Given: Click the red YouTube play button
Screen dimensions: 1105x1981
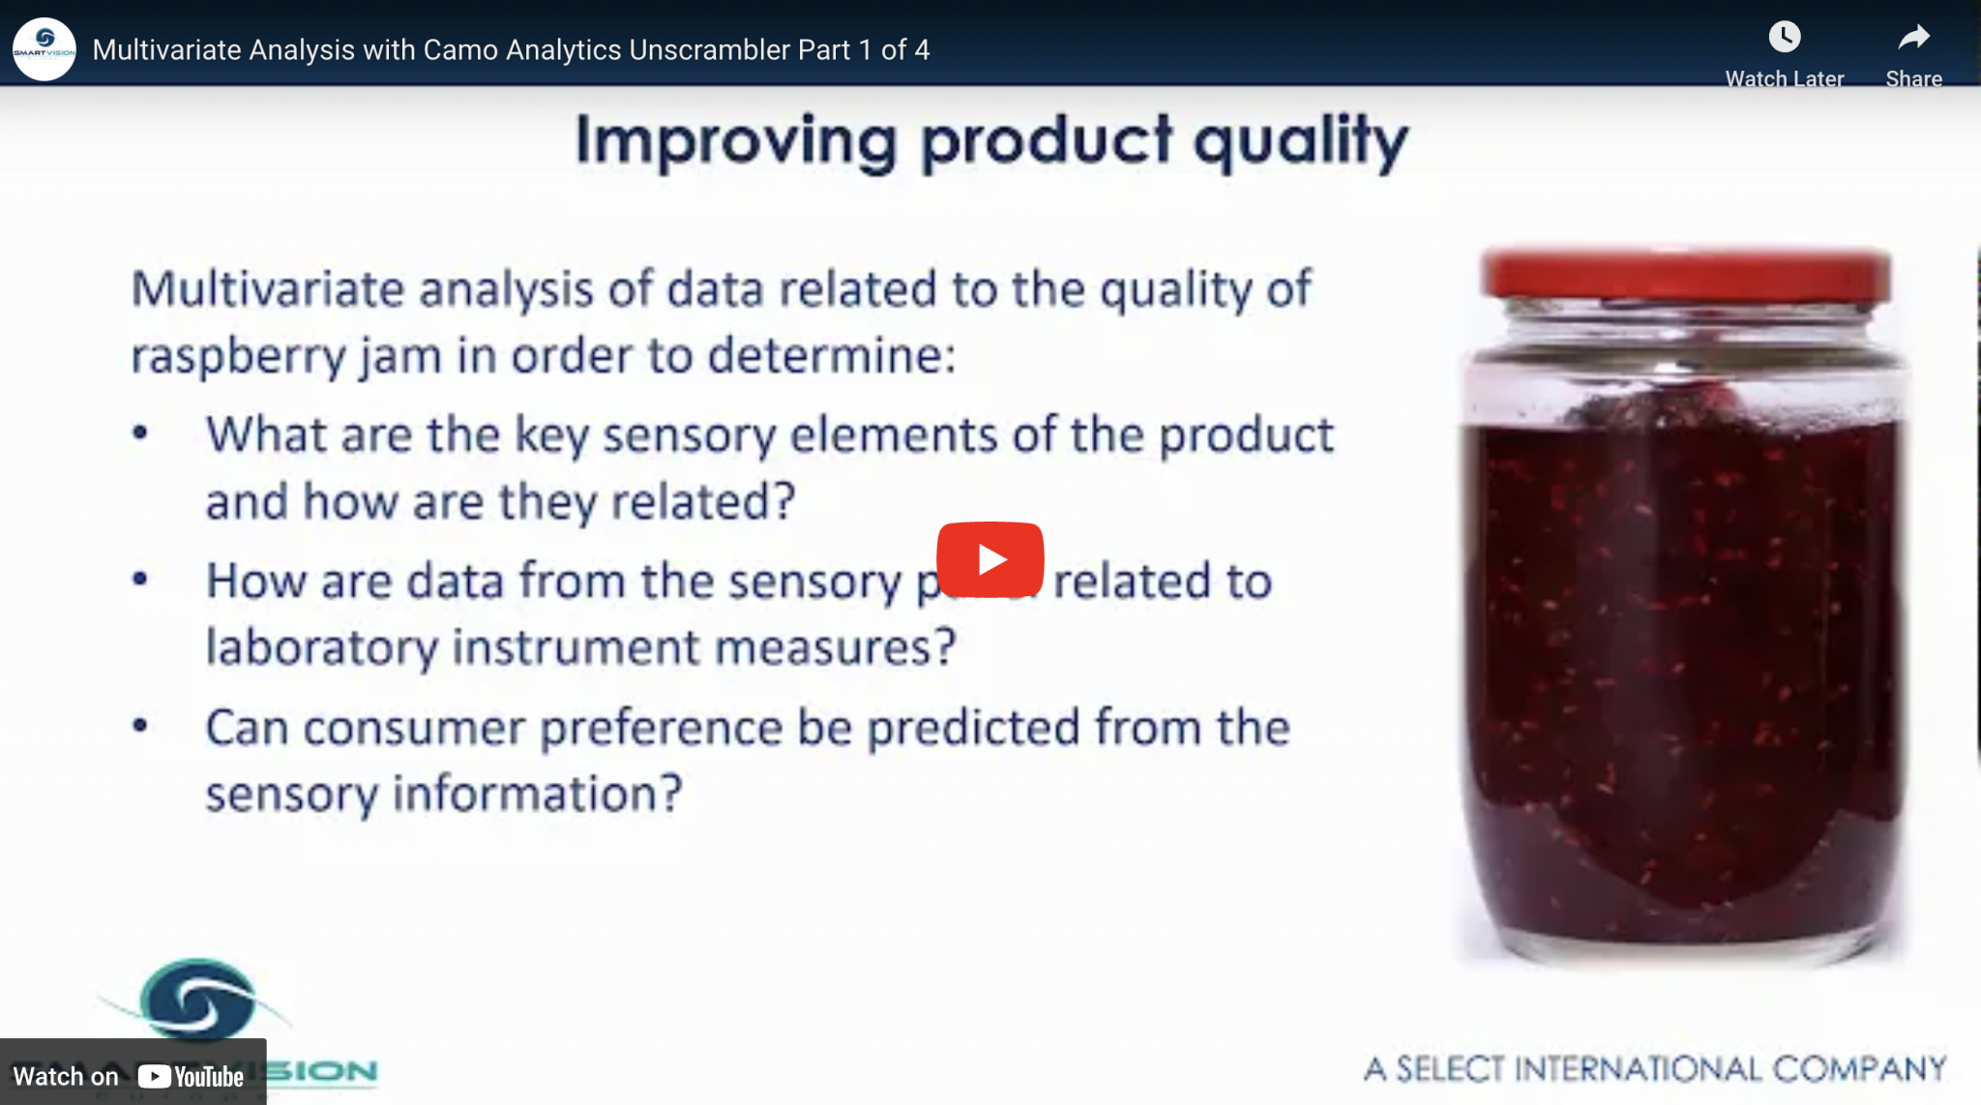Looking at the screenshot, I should point(990,559).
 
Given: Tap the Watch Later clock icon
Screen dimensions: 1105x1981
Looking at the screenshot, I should point(1784,38).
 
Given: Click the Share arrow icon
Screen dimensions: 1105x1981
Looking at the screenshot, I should point(1912,38).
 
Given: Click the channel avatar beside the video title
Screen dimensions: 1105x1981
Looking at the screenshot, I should point(44,49).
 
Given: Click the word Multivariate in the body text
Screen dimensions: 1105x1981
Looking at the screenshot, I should point(267,289).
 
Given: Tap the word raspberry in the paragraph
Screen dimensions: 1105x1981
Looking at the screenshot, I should point(237,357).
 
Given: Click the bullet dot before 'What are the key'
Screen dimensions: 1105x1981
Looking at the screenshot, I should point(140,433).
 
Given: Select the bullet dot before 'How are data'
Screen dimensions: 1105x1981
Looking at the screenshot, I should point(140,580).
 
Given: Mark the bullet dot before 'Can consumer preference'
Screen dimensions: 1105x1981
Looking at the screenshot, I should point(140,726).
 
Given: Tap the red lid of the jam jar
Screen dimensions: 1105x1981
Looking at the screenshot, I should point(1685,275).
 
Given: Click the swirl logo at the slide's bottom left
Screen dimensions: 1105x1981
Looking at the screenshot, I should point(198,1000).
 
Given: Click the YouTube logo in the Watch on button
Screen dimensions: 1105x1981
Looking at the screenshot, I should point(191,1076).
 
